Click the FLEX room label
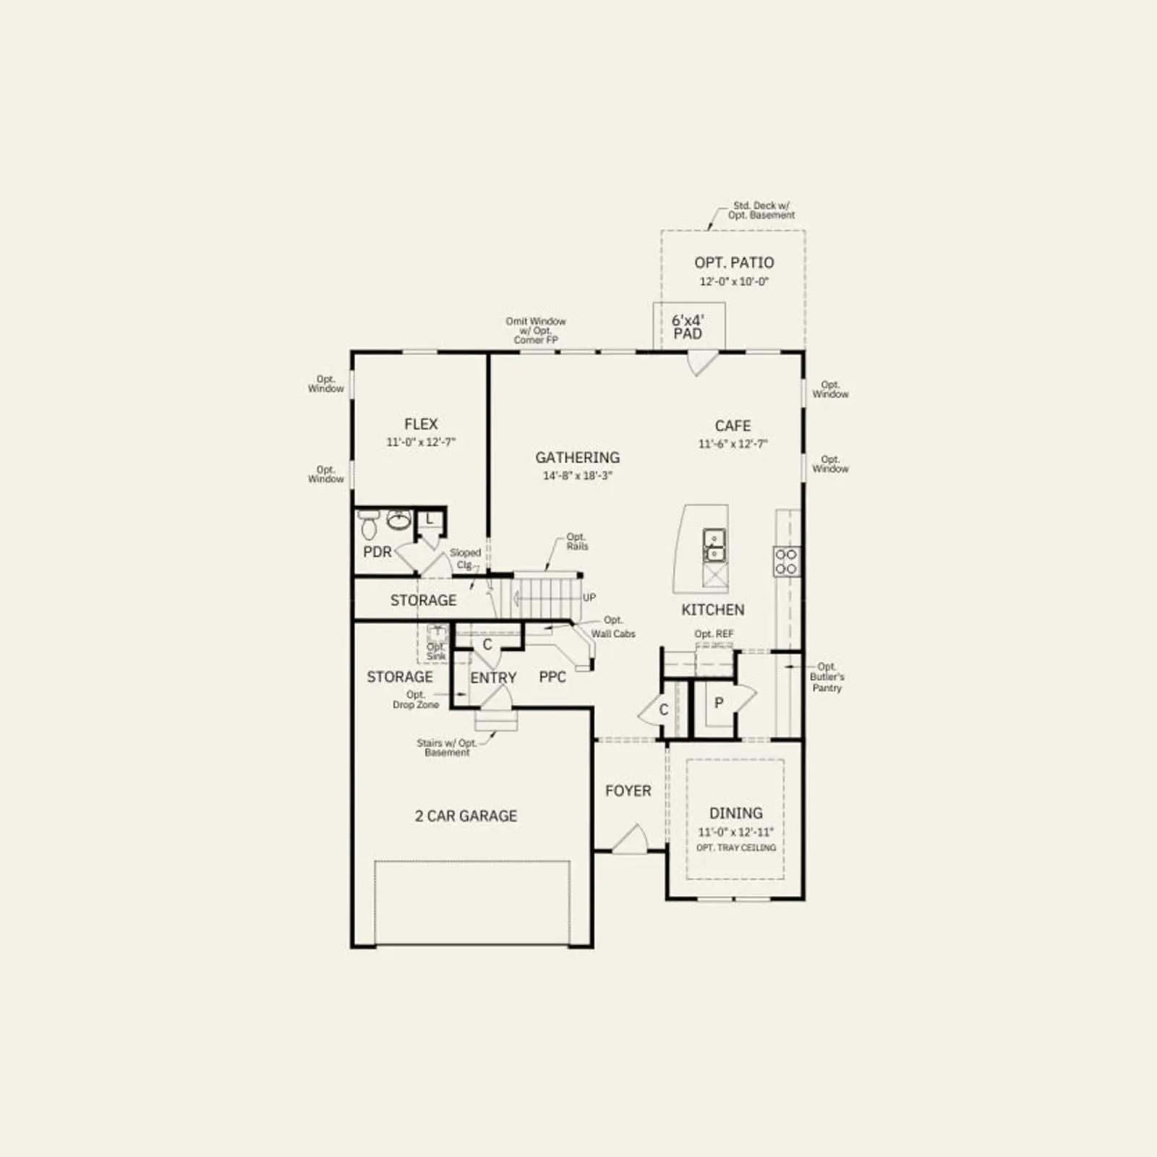421,424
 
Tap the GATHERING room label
578,458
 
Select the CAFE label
733,426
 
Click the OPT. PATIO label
734,262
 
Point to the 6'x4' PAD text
688,327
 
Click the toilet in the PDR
369,524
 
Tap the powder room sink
398,518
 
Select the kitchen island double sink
714,545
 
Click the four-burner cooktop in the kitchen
786,561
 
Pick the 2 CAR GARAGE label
466,816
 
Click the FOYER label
628,791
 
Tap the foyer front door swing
630,839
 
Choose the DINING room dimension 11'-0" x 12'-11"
735,832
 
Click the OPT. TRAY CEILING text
736,848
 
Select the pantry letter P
719,702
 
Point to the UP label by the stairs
589,598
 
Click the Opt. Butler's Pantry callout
827,678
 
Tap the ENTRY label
493,678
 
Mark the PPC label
552,678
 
